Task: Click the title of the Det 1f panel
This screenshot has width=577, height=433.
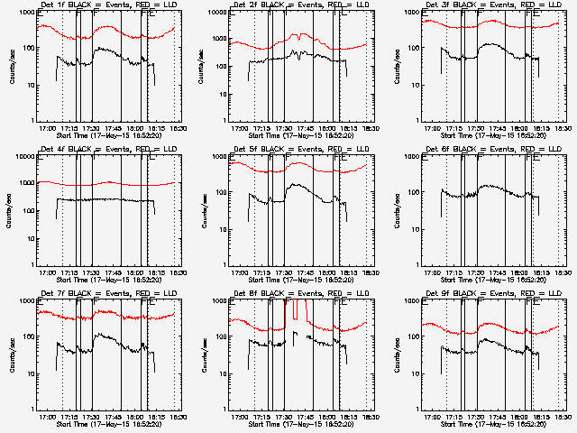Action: (x=104, y=5)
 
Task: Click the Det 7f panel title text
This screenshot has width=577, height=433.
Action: (x=104, y=294)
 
